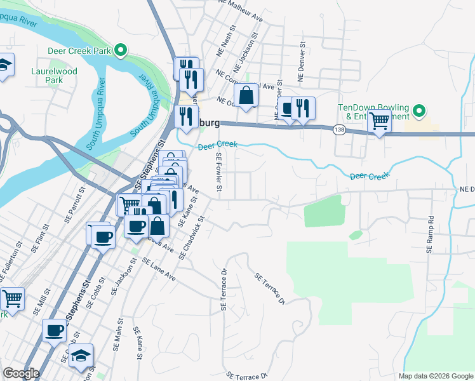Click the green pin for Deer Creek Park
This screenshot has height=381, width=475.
(119, 51)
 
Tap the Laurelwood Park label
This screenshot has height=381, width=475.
(54, 76)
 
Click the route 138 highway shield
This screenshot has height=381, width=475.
(339, 130)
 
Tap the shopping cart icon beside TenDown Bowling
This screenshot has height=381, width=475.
(379, 121)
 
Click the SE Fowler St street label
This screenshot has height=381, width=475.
(219, 174)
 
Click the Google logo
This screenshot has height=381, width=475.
(21, 374)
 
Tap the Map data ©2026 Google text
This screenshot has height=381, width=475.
(435, 376)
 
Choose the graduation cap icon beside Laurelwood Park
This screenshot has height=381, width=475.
(4, 67)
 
